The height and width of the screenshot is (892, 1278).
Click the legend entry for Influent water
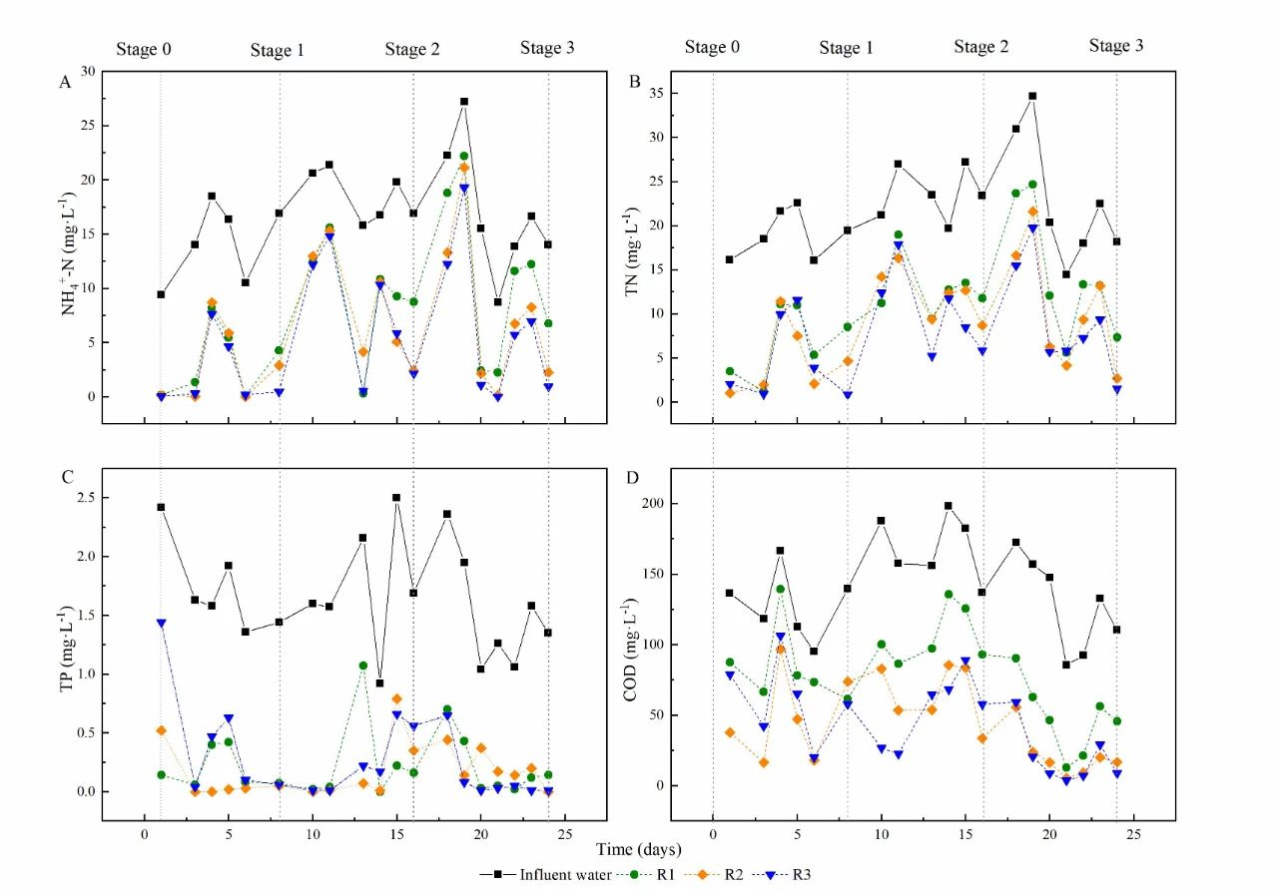click(x=557, y=875)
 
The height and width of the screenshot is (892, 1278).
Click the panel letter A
click(x=65, y=83)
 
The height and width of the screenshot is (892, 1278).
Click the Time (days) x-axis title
click(x=639, y=849)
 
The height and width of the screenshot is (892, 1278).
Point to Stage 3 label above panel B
click(x=1116, y=46)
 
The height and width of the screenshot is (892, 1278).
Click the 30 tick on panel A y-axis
click(x=88, y=72)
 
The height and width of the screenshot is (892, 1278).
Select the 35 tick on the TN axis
click(x=657, y=93)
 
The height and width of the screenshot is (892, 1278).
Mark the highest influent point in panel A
click(x=464, y=102)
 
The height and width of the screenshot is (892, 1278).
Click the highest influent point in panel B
click(x=1032, y=96)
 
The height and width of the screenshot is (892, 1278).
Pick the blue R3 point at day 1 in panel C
click(x=161, y=623)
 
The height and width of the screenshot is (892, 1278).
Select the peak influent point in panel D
click(x=949, y=506)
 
